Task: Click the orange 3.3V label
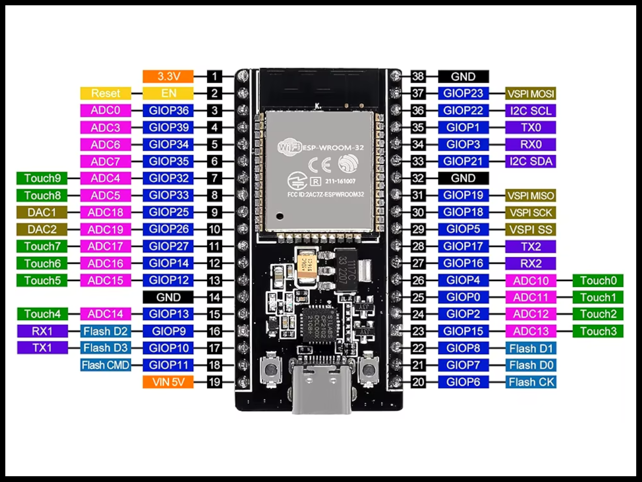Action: [168, 76]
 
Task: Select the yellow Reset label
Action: [105, 93]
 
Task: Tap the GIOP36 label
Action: [168, 110]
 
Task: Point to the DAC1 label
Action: [42, 212]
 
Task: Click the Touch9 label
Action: [42, 178]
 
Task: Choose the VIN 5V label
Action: [168, 382]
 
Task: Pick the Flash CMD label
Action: [105, 365]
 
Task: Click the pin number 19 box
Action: [214, 382]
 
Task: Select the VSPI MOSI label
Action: [531, 93]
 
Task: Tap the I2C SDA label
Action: [531, 161]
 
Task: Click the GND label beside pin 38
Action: [463, 76]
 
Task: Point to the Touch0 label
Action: [598, 280]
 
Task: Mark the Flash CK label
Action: [531, 382]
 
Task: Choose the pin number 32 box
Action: [418, 178]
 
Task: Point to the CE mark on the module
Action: [319, 165]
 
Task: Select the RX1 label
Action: [42, 331]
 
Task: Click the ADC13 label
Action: [531, 331]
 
